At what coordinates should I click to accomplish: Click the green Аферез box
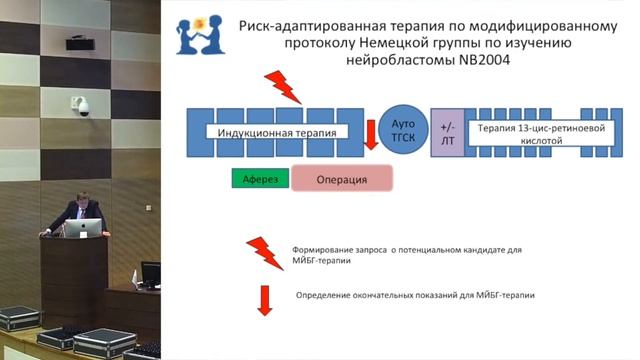(x=260, y=179)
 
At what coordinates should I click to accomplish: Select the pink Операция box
(x=341, y=179)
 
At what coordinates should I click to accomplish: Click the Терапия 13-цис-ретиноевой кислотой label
(x=527, y=134)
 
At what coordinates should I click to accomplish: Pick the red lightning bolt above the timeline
(x=284, y=87)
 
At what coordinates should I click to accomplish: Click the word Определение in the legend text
(x=329, y=295)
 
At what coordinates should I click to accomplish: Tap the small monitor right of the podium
(x=150, y=272)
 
